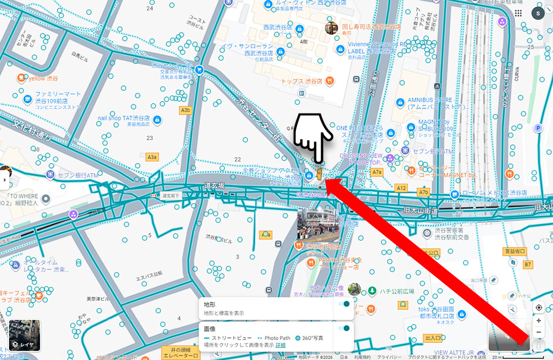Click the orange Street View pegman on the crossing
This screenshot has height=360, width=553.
[x=320, y=173]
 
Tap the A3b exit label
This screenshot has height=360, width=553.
[x=185, y=110]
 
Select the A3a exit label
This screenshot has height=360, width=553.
[x=152, y=157]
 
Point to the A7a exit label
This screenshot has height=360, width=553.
[x=376, y=172]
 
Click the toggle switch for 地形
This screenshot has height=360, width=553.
[x=344, y=304]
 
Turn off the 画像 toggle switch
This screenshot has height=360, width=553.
[x=344, y=329]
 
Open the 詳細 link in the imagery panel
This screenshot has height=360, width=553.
[x=280, y=345]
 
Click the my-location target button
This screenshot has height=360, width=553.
[x=539, y=308]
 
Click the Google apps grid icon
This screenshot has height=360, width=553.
[x=518, y=13]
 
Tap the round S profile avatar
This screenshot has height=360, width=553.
[x=538, y=13]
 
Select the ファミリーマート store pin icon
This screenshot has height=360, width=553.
[x=27, y=99]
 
